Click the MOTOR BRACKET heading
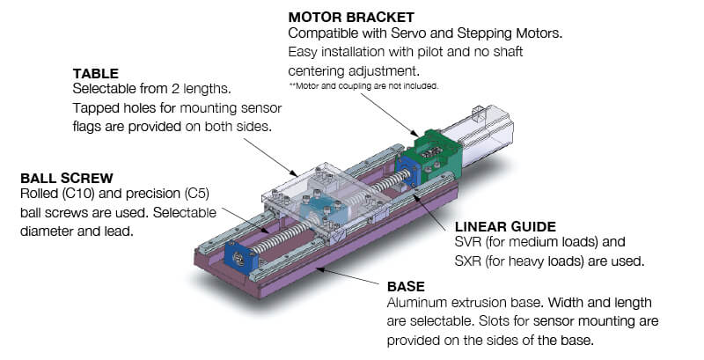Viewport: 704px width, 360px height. [x=351, y=18]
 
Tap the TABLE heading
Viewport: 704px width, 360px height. [x=96, y=74]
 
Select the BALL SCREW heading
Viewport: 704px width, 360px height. [x=67, y=178]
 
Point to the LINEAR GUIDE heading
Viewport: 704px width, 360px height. [x=505, y=227]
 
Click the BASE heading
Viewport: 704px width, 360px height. [x=406, y=287]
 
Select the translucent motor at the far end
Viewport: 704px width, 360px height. [x=482, y=132]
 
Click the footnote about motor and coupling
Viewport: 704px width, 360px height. [x=363, y=85]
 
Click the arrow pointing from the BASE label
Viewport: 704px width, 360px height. [x=347, y=276]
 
